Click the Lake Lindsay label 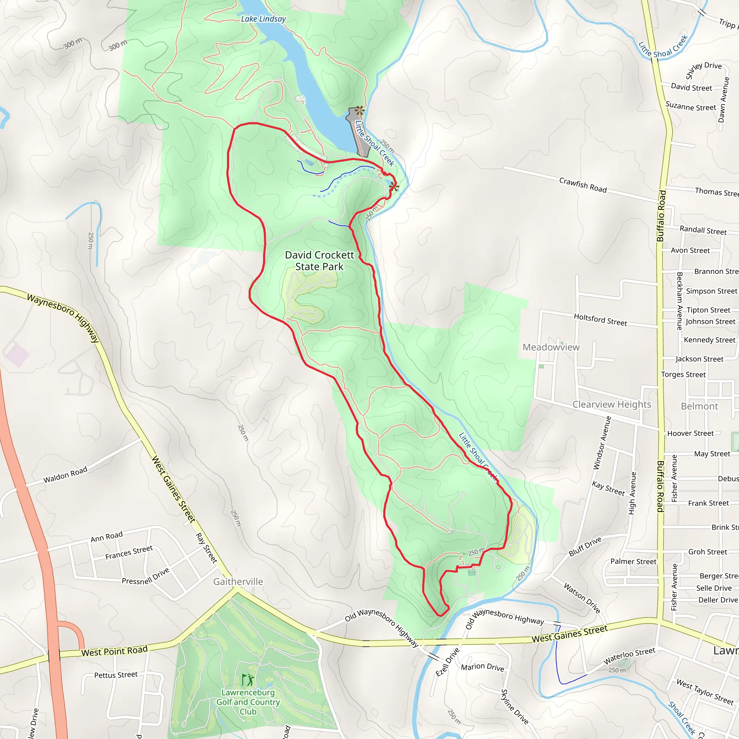point(263,19)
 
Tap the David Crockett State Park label point(319,261)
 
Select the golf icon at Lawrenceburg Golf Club point(248,680)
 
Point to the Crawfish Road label point(583,185)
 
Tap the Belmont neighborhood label point(699,406)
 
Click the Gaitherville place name point(238,581)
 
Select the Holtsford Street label point(600,319)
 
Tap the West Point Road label point(114,651)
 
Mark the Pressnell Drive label point(145,576)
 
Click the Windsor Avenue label point(602,442)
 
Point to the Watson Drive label point(582,598)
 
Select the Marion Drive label point(482,667)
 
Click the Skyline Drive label point(515,707)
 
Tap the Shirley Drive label point(703,70)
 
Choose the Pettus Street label point(116,675)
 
